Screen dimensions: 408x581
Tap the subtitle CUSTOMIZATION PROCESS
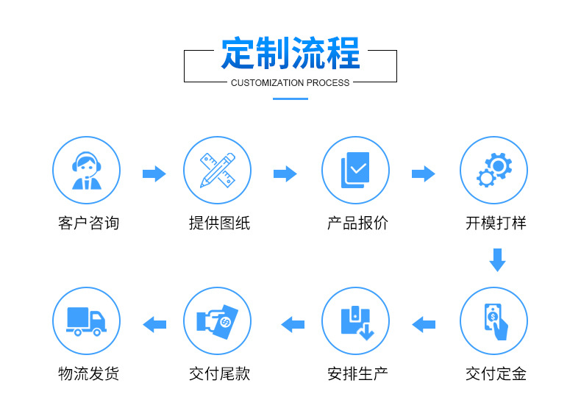(x=290, y=82)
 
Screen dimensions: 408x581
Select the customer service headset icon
(x=86, y=171)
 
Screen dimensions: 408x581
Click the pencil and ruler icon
(x=217, y=171)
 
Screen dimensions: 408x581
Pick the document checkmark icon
(x=355, y=171)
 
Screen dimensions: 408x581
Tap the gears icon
(x=493, y=171)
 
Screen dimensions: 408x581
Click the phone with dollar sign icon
(x=493, y=321)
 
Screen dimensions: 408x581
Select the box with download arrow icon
(x=355, y=321)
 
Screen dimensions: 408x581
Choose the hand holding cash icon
(x=217, y=321)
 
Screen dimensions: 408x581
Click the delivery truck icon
(x=86, y=321)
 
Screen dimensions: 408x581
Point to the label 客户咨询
(x=88, y=223)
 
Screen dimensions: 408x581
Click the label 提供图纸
(x=219, y=223)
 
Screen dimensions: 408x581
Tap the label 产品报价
(x=357, y=223)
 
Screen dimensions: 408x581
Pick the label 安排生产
(x=357, y=374)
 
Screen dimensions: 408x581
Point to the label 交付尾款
(x=219, y=374)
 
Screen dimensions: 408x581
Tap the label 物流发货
(x=88, y=374)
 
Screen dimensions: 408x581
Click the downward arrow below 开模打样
(x=497, y=260)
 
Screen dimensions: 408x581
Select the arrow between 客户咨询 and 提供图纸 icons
(x=154, y=174)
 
